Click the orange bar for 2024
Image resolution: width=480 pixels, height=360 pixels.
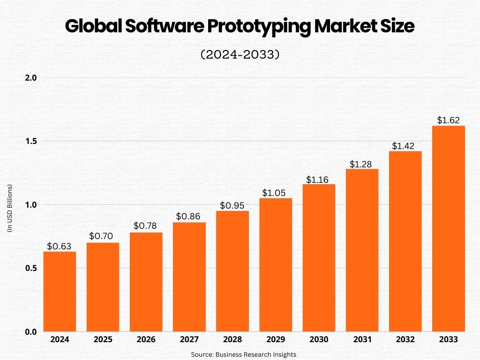tap(60, 292)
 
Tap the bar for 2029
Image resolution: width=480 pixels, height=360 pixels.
tap(276, 265)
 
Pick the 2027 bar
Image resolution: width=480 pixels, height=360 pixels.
tap(189, 277)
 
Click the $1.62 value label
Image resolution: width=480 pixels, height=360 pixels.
tap(448, 120)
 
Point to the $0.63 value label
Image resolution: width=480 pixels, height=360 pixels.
tap(60, 246)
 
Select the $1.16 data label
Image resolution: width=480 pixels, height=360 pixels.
tap(319, 179)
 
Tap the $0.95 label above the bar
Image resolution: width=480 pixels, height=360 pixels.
tap(232, 205)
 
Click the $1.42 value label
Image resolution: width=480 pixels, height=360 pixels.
tap(405, 146)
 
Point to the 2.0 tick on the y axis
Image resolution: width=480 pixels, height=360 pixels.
tap(31, 77)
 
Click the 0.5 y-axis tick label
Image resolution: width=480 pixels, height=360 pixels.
tap(31, 268)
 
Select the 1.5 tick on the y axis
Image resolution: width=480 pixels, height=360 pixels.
tap(31, 141)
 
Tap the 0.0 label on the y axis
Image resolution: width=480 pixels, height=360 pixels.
tap(31, 332)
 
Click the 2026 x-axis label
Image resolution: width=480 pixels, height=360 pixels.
tap(146, 339)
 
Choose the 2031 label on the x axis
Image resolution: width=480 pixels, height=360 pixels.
tap(362, 339)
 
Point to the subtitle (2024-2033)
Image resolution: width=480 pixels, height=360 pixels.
tap(240, 55)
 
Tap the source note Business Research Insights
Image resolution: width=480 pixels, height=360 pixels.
tap(243, 354)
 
